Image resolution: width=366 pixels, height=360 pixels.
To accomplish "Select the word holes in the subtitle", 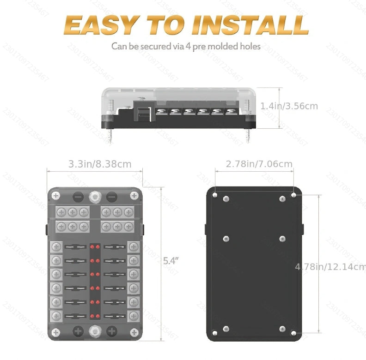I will point(249,47).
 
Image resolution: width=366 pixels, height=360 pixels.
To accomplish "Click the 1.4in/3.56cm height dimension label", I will point(289,106).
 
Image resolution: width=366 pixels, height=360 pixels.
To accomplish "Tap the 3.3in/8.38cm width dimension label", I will point(100,164).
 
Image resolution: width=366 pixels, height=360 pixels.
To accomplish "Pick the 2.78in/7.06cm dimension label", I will point(259,164).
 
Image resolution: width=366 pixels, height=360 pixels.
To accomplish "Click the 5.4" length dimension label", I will point(171,260).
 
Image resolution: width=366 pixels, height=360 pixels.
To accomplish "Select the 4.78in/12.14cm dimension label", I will point(330,266).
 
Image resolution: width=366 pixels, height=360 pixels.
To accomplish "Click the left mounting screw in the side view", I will point(110,135).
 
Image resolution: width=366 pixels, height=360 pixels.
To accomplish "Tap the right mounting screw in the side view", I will point(248,135).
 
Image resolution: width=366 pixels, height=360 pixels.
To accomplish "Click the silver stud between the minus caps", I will point(95,196).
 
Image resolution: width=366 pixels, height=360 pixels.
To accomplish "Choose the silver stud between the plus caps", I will point(95,330).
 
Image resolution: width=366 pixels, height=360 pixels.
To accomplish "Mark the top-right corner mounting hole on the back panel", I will point(294,195).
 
